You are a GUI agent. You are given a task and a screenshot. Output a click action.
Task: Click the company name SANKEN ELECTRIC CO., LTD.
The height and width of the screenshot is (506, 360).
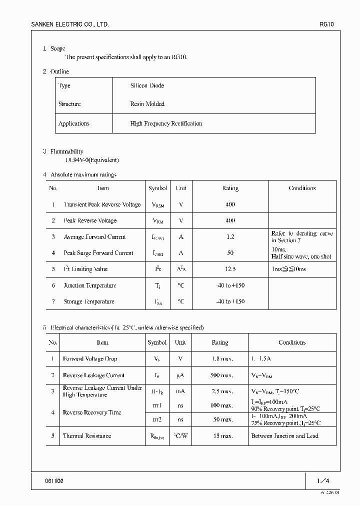pos(70,24)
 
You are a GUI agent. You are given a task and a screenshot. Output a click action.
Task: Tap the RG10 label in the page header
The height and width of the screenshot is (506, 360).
pos(326,24)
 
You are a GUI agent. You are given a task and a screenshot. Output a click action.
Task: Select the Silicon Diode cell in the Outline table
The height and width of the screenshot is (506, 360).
pos(147,85)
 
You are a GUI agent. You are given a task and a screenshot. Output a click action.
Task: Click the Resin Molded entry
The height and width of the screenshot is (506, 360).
pos(147,104)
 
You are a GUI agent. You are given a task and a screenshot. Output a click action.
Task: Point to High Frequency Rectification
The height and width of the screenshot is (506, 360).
pos(166,123)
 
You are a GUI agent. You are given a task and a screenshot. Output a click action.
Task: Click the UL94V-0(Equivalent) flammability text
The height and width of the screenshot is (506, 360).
pos(85,160)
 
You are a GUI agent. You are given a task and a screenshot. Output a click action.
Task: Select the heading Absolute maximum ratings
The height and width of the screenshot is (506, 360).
pos(83,174)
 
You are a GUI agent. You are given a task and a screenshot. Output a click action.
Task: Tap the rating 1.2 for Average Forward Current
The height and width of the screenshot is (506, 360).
pos(230,237)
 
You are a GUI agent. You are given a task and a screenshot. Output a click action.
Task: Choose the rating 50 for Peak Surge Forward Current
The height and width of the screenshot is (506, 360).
pos(230,253)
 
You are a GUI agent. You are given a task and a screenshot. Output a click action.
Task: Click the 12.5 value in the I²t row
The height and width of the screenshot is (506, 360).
pos(230,269)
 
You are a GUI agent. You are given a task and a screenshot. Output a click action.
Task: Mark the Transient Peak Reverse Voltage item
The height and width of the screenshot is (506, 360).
pos(102,204)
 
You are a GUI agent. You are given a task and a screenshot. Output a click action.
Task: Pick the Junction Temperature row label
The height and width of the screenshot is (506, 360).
pos(90,285)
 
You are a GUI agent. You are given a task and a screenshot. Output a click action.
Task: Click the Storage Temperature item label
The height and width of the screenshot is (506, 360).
pos(89,301)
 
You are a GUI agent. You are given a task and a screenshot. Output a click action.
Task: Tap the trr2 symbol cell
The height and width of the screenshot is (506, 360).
pos(157,420)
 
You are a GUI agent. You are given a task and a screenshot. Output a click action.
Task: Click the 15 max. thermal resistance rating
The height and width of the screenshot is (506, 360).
pos(223,436)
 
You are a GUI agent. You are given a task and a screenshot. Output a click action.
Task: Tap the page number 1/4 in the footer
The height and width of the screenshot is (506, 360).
pos(323,481)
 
